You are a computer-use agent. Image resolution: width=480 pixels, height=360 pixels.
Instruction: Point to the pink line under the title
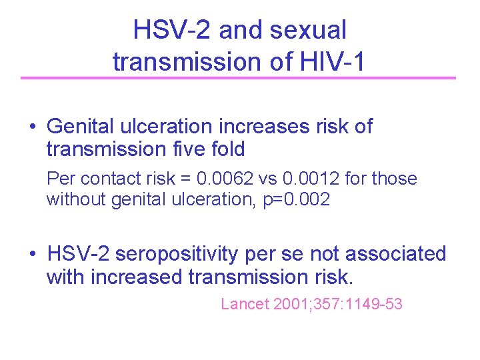coord(238,78)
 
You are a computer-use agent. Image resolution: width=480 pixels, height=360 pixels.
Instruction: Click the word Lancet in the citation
coord(244,305)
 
